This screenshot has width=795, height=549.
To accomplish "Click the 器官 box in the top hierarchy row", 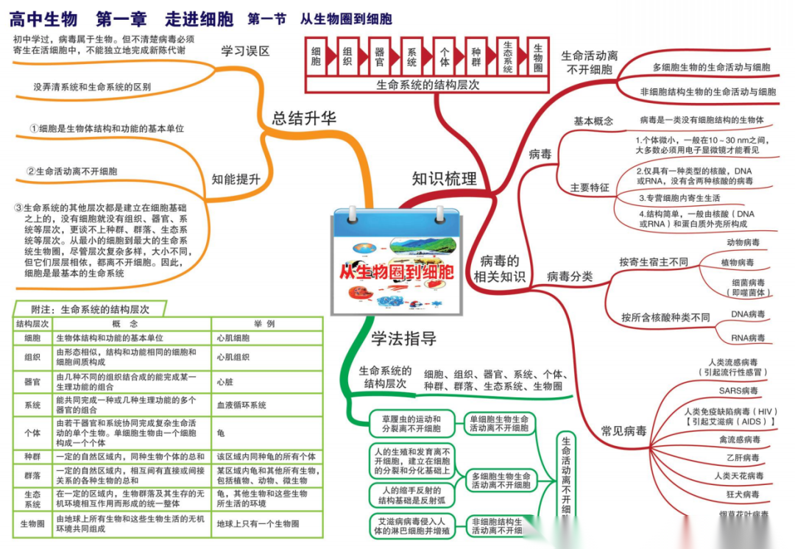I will click(380, 57).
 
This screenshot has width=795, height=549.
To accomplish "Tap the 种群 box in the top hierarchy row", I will click(476, 57).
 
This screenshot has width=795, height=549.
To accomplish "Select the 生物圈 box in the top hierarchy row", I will click(539, 57).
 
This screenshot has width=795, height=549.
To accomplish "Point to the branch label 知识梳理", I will click(444, 179).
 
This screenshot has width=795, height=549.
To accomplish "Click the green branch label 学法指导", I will click(403, 339).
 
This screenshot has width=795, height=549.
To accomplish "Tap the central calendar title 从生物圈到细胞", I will click(397, 271).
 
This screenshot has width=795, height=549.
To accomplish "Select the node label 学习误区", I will click(246, 51).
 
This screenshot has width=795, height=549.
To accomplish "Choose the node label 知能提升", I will click(236, 179).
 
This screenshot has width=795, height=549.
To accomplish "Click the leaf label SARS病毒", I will click(738, 390).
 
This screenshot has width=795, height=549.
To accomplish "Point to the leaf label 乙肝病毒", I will click(739, 458).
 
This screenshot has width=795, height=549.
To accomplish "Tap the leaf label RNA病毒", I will click(748, 338).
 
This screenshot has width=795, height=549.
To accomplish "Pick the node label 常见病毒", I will click(623, 431).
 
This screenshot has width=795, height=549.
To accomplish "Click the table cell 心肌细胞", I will click(233, 338).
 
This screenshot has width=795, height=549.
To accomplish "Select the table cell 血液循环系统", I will click(241, 405).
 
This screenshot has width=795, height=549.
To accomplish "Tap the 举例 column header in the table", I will click(265, 324).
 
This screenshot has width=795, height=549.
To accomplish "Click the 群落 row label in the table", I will click(32, 475).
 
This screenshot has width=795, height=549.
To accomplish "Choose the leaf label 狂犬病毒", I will click(740, 495).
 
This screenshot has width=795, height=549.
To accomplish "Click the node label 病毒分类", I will click(570, 277).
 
